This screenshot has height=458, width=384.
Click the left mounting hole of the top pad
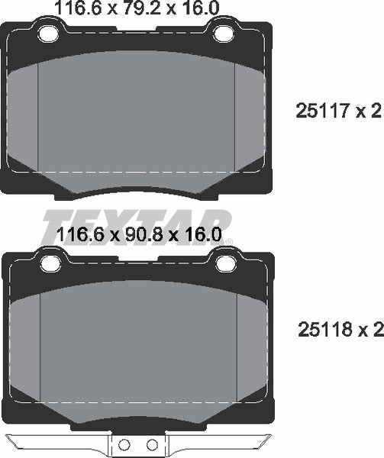click(x=48, y=34)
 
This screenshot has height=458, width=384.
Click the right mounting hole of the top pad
click(x=224, y=34)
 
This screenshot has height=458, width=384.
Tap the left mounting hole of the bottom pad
click(x=50, y=263)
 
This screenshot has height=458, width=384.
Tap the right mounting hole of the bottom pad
click(x=226, y=263)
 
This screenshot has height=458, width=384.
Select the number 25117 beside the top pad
click(x=322, y=111)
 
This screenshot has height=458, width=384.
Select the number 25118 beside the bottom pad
click(x=324, y=330)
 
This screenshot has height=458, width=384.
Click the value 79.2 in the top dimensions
click(x=141, y=8)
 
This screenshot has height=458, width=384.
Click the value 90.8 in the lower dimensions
click(x=143, y=235)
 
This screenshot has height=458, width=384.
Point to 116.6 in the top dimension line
click(x=78, y=8)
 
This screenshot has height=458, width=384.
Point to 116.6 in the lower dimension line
click(x=81, y=235)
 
